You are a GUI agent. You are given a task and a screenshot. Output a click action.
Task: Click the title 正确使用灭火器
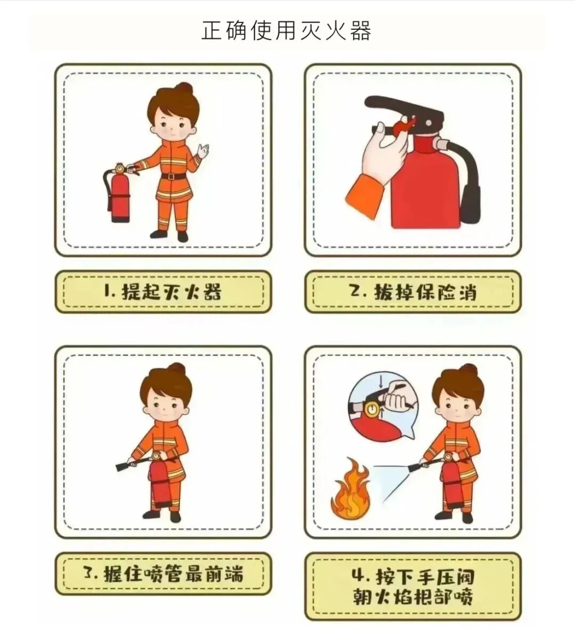[x=286, y=31]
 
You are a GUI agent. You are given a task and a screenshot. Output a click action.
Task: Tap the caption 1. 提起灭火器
[x=163, y=292]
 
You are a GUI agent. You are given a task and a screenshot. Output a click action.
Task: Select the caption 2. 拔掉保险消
[x=413, y=292]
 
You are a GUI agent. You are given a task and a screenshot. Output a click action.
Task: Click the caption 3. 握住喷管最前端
[x=163, y=574]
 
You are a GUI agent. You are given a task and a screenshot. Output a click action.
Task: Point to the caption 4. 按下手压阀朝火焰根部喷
[x=413, y=586]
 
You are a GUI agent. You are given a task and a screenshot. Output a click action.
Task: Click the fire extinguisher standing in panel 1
[x=120, y=194]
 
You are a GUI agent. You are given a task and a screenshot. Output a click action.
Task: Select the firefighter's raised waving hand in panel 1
[x=203, y=150]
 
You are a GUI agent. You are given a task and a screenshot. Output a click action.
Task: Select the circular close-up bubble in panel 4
[x=381, y=405]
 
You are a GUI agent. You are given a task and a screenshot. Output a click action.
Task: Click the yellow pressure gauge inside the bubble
[x=373, y=409]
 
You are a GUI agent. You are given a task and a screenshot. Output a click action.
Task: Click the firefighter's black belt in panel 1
[x=173, y=176]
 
